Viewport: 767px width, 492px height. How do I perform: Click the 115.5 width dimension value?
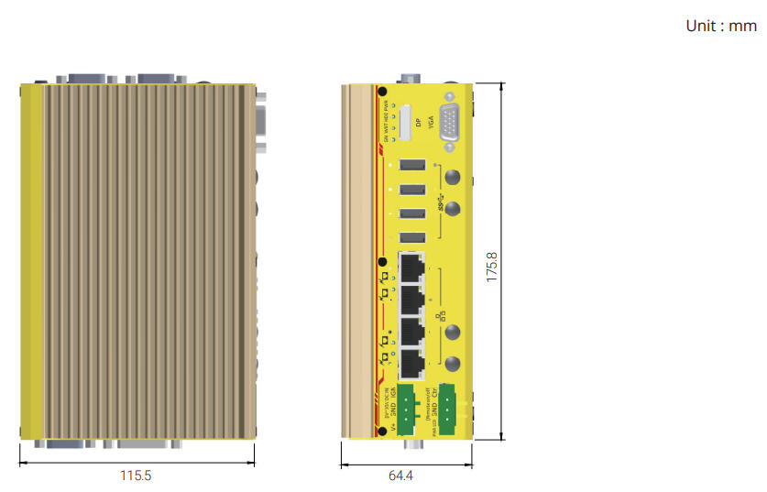coord(136,476)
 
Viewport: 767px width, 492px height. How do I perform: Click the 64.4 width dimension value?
coord(401,476)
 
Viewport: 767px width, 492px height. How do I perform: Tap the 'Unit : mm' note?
coord(721,26)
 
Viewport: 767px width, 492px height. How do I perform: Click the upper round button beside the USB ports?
coord(452,178)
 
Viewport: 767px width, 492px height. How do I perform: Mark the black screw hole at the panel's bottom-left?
coord(382,431)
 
